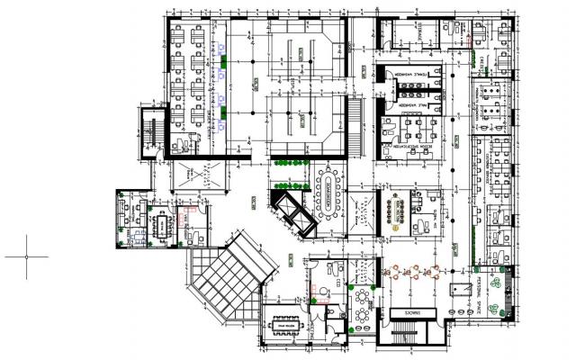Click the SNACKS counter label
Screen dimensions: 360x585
click(413, 312)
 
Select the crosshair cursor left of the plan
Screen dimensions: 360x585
click(26, 256)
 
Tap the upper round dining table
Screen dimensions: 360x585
click(364, 296)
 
